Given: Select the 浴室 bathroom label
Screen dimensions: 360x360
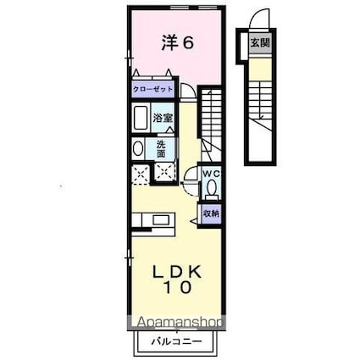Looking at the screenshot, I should point(163,118).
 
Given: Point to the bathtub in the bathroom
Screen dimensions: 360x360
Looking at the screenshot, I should point(142,117).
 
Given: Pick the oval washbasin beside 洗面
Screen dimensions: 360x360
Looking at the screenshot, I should point(139,149).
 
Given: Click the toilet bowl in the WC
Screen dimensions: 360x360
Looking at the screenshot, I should point(213,188).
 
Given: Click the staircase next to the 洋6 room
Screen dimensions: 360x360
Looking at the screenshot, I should point(211,119).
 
